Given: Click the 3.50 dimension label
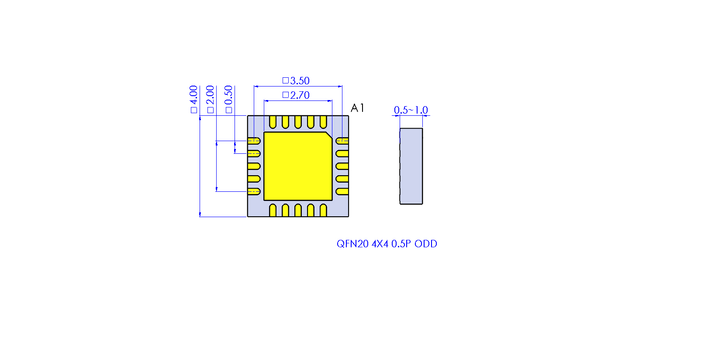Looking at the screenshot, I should coord(299,81).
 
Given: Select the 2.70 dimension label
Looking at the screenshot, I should coord(299,95).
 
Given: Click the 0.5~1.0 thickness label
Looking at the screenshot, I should coord(411,110).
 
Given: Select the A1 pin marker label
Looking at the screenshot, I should coord(357,108).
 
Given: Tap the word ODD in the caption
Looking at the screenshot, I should coord(426,244).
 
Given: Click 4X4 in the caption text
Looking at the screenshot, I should coord(380,244).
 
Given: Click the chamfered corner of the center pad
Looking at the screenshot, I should coord(329,135).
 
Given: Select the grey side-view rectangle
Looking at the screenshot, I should coord(411,166).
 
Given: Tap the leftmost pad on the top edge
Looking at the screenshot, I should coord(273,121).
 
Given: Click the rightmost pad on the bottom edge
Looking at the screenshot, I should coord(323,211).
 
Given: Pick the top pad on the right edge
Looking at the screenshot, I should coord(342,141).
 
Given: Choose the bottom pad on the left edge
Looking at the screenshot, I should coord(254,191).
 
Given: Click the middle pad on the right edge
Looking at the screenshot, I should coord(342,166).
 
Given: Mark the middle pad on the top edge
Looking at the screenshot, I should coord(298,121).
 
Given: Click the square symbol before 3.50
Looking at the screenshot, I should coord(285,80).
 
